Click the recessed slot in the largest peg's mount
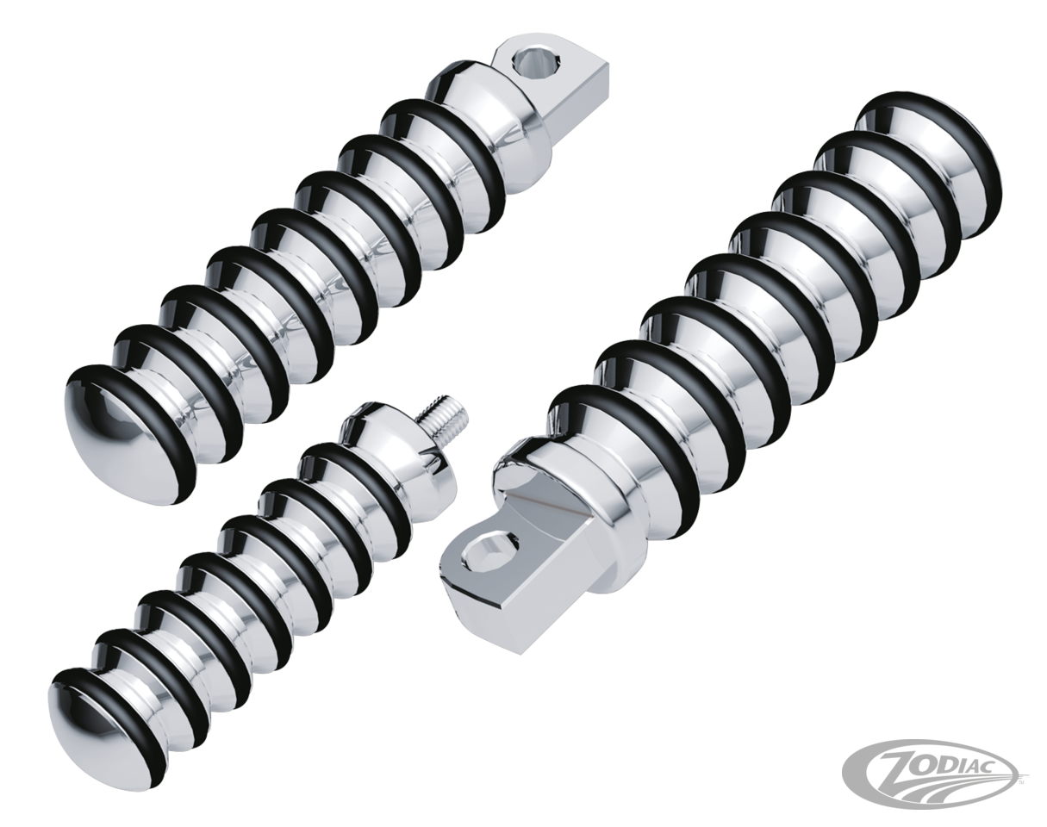click(x=552, y=508)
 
